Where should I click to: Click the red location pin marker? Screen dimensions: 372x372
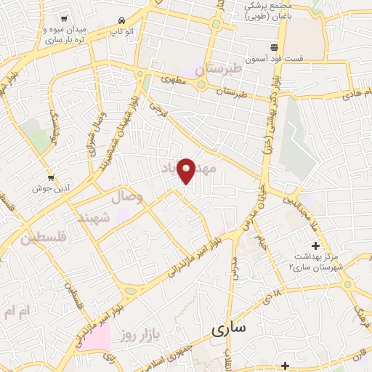point(187,170)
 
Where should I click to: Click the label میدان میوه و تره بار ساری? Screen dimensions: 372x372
point(66,33)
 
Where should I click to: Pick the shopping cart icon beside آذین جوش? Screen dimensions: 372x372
point(50,177)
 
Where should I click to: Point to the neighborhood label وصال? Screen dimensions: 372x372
point(128,197)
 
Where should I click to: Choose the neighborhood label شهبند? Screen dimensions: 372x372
point(95,217)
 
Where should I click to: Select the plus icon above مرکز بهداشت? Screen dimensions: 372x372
point(315,246)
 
